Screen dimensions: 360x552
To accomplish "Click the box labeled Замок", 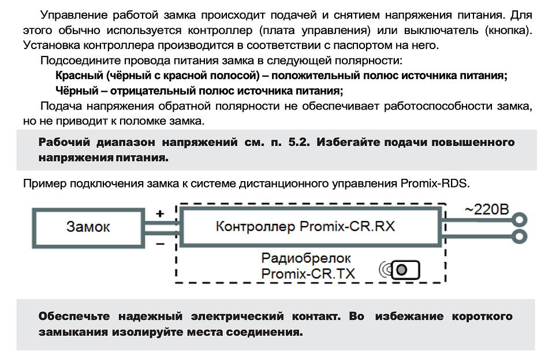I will [87, 226].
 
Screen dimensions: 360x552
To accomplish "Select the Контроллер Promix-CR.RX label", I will [305, 226].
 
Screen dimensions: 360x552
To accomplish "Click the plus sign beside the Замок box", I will [160, 213].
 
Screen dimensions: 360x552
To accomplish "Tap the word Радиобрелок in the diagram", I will [306, 258].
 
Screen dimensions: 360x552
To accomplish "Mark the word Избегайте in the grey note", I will [351, 142].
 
